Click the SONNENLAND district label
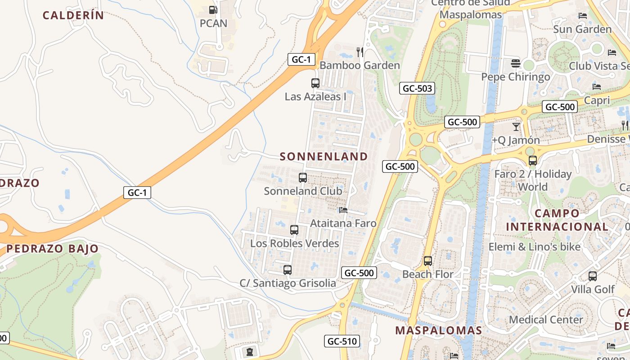pyautogui.click(x=324, y=157)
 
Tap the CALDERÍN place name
pyautogui.click(x=73, y=15)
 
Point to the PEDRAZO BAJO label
pyautogui.click(x=52, y=248)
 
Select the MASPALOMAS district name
pyautogui.click(x=438, y=330)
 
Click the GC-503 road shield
pyautogui.click(x=417, y=88)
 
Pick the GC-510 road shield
pyautogui.click(x=342, y=341)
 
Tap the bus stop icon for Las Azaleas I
pyautogui.click(x=315, y=83)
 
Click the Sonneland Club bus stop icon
pyautogui.click(x=303, y=178)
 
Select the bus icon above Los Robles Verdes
pyautogui.click(x=294, y=230)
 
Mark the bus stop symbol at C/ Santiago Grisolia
pyautogui.click(x=288, y=270)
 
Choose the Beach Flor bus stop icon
pyautogui.click(x=428, y=261)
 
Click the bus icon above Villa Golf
pyautogui.click(x=593, y=276)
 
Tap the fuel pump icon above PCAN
pyautogui.click(x=213, y=10)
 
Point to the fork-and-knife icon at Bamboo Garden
pyautogui.click(x=360, y=52)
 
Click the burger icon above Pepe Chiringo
pyautogui.click(x=516, y=63)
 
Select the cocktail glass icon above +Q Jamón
pyautogui.click(x=516, y=127)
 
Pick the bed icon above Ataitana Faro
pyautogui.click(x=343, y=210)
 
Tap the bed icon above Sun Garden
pyautogui.click(x=582, y=16)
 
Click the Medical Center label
pyautogui.click(x=546, y=319)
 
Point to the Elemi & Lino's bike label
pyautogui.click(x=535, y=247)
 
